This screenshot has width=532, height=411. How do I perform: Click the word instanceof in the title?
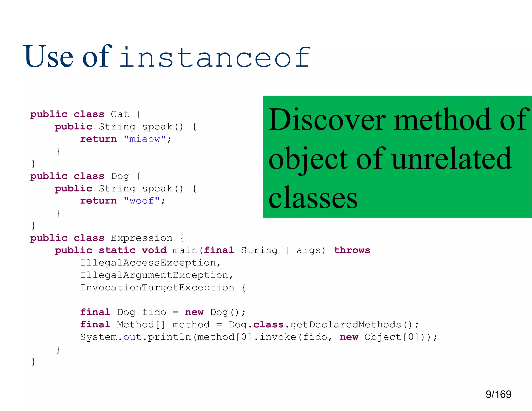click(215, 57)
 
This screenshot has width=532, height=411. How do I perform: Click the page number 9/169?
click(498, 394)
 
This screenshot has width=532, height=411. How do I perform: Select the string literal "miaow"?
click(145, 139)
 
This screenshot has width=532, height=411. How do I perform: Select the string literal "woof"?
click(142, 201)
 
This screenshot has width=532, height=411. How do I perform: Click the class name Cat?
click(120, 114)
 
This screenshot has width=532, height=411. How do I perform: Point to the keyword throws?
click(352, 250)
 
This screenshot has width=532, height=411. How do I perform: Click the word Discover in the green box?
click(327, 120)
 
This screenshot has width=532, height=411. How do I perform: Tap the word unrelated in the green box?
click(451, 159)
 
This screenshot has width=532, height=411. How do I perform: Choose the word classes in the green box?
click(313, 198)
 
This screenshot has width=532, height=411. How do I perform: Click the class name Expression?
click(142, 238)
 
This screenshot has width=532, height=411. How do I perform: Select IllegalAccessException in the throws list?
click(148, 263)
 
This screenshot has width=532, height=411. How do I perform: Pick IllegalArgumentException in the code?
click(154, 275)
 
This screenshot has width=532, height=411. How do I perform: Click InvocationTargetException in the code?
click(157, 288)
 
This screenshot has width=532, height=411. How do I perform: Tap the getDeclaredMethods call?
click(345, 325)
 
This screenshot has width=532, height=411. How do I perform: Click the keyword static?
click(117, 250)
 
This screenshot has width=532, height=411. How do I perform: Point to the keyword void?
click(154, 250)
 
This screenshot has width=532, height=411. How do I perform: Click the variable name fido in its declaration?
click(154, 312)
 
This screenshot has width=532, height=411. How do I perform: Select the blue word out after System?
click(132, 337)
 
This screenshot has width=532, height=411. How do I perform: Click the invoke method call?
click(278, 337)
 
